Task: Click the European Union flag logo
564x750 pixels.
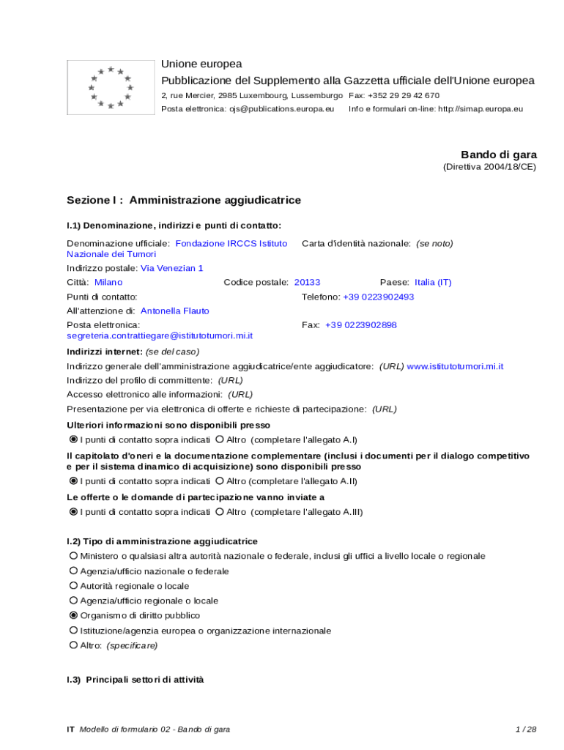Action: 110,88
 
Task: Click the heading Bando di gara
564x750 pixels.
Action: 498,155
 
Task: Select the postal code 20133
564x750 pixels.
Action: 307,282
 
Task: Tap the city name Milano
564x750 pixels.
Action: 108,282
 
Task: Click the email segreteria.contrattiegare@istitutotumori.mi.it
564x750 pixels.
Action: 160,335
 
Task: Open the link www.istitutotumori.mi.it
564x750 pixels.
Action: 455,366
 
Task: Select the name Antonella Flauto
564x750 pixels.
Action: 174,311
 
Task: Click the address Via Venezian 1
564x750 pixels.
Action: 171,268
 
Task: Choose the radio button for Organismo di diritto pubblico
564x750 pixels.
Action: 73,615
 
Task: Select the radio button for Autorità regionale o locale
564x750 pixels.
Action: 73,586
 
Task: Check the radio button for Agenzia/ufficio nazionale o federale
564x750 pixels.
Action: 73,571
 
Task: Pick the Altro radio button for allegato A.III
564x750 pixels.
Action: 220,512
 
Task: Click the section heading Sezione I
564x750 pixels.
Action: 183,200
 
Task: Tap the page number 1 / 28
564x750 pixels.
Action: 526,729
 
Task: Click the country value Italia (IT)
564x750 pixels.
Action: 433,282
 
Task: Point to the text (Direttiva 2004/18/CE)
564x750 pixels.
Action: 489,167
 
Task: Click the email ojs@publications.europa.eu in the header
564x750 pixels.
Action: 281,108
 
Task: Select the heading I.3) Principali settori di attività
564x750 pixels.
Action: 135,680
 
